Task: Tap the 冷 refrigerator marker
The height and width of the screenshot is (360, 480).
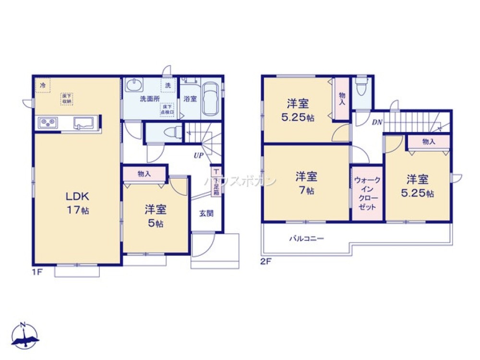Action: coord(43,85)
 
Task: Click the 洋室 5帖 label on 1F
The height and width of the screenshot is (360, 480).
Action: coord(156,216)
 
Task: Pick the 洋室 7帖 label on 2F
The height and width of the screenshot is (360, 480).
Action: coord(306,182)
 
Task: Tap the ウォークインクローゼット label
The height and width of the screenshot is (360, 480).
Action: coord(367,193)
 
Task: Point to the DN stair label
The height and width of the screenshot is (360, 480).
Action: coord(377,122)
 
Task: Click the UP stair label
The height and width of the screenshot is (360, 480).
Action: coord(198,155)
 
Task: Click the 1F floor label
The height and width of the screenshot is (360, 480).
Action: coord(37,272)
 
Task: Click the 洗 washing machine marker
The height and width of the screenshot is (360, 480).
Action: coord(168,85)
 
